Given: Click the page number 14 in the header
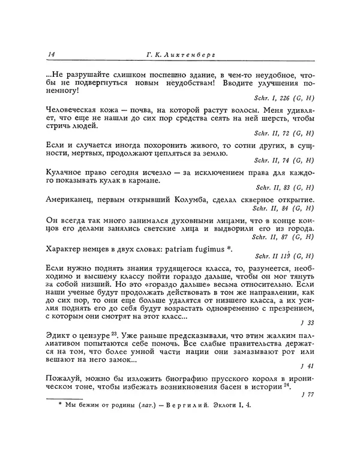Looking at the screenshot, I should coord(50,55).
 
